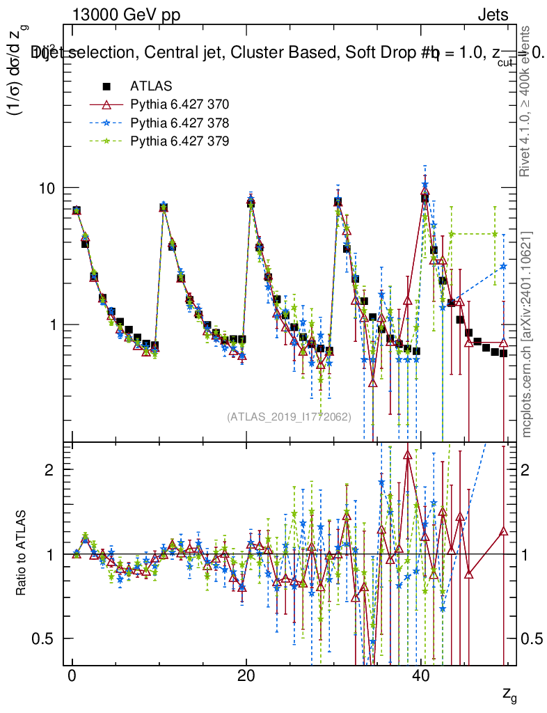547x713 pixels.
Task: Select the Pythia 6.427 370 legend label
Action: click(x=180, y=104)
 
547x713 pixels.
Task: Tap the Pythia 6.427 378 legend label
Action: click(x=180, y=123)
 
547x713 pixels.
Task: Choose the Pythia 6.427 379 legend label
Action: click(x=180, y=141)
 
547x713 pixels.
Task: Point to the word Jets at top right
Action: click(x=492, y=15)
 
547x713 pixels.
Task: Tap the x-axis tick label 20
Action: click(x=246, y=677)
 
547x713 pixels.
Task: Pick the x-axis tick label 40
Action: click(x=420, y=677)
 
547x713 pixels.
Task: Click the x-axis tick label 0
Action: click(x=72, y=677)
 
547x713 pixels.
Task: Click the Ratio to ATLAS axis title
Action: click(x=22, y=554)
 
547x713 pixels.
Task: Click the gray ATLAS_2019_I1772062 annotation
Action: click(x=289, y=417)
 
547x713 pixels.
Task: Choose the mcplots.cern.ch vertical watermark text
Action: click(x=527, y=334)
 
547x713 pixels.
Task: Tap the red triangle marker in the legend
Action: click(x=106, y=104)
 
